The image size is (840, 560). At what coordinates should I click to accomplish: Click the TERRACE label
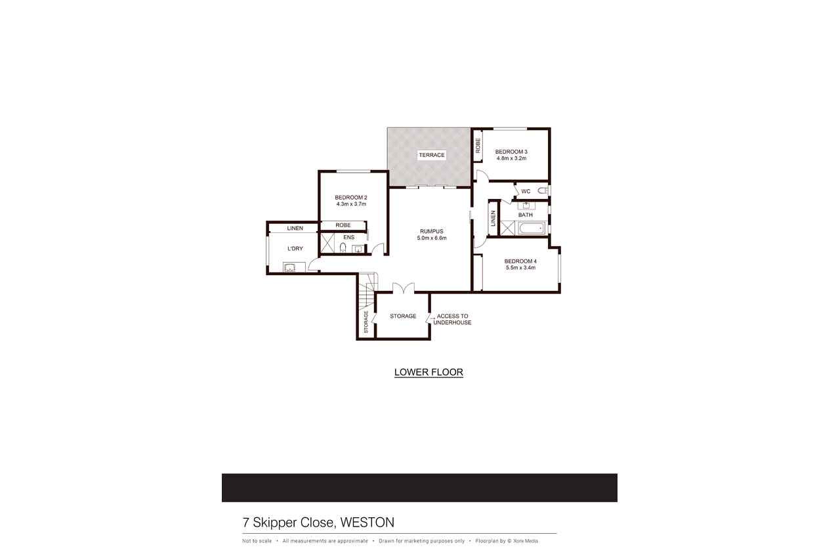coord(432,155)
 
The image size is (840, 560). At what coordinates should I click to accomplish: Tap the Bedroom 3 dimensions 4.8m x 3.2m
coord(511,158)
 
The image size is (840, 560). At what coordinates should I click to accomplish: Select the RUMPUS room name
coord(432,232)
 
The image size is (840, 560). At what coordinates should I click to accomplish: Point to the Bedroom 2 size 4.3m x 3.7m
coord(351,204)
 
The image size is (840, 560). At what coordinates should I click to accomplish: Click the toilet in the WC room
coord(543,191)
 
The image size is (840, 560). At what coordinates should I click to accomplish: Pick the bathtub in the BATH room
coord(532,228)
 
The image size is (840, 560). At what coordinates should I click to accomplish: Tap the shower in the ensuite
coord(327,244)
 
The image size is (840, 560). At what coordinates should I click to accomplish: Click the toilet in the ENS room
coord(343,248)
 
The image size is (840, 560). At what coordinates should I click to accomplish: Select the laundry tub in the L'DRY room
coord(290,267)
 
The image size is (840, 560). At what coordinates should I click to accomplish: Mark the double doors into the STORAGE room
coord(404,288)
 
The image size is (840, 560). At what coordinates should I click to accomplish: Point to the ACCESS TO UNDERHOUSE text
coord(452,319)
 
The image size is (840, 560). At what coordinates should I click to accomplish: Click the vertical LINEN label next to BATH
coord(493,219)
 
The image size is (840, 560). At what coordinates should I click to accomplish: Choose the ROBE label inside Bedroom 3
coord(478,145)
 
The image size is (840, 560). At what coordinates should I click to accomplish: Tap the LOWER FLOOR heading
coord(429,372)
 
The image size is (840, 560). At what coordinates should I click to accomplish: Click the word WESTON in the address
coord(367,523)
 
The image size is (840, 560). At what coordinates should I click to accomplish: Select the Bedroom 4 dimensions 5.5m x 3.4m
coord(520,268)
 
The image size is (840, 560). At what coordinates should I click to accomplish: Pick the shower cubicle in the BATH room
coord(508,228)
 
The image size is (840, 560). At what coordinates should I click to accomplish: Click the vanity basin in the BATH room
coord(526,205)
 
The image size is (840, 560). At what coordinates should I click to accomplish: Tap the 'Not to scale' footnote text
coord(257,541)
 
